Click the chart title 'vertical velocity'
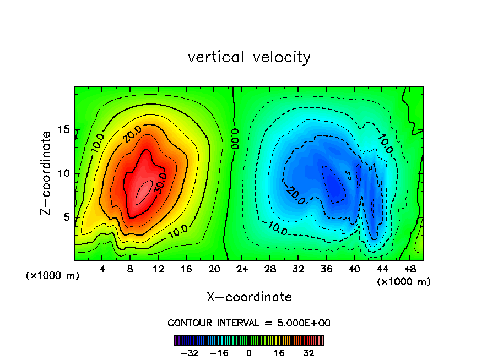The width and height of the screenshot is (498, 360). click(249, 57)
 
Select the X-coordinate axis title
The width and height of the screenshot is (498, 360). click(249, 297)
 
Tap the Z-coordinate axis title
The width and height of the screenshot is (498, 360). click(48, 173)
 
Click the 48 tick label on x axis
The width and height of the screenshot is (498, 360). click(410, 269)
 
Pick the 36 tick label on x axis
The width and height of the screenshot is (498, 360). click(326, 269)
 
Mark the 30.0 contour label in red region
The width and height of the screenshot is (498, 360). click(159, 184)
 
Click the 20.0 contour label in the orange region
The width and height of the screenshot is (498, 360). click(132, 134)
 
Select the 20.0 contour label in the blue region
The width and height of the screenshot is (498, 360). click(296, 195)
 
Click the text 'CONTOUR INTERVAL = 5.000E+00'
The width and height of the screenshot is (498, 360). click(249, 323)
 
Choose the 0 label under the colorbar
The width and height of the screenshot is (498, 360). click(249, 353)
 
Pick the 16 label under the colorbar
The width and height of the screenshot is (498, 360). click(279, 353)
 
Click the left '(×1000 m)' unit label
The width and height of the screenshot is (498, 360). click(53, 275)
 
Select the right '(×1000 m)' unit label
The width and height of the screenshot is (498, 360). click(404, 281)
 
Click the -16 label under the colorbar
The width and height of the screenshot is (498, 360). click(220, 353)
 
